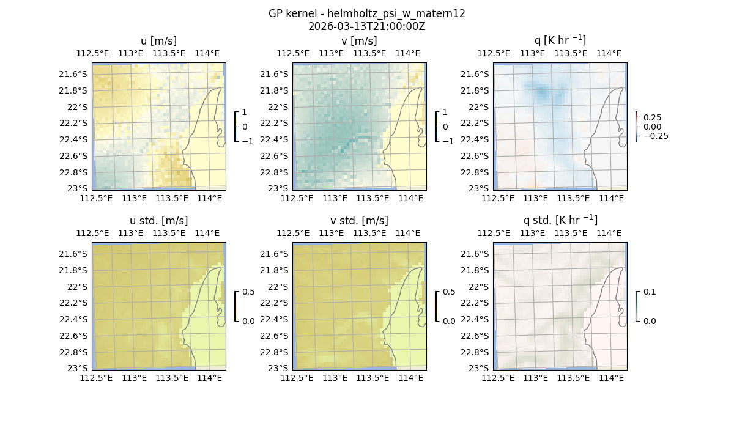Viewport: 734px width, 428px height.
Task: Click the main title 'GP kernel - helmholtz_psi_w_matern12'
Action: click(366, 13)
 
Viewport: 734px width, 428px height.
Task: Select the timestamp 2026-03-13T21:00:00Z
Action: click(366, 26)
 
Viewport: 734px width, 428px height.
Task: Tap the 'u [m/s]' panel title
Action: click(158, 41)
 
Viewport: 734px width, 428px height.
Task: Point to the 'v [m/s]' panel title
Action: click(359, 41)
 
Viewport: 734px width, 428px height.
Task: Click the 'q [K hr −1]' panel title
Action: click(560, 41)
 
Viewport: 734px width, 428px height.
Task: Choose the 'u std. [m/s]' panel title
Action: click(158, 221)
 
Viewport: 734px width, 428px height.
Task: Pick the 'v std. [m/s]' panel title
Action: click(359, 221)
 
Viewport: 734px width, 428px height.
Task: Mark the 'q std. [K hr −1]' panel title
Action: click(560, 220)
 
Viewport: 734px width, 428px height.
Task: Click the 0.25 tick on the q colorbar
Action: click(652, 117)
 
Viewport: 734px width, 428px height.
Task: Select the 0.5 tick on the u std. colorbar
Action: click(248, 292)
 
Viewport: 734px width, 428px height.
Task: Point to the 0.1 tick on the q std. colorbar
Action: click(650, 292)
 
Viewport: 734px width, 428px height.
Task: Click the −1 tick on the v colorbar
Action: click(448, 141)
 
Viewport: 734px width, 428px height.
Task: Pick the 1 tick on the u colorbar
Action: click(245, 113)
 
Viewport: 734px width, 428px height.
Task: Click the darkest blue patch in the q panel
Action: click(542, 93)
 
